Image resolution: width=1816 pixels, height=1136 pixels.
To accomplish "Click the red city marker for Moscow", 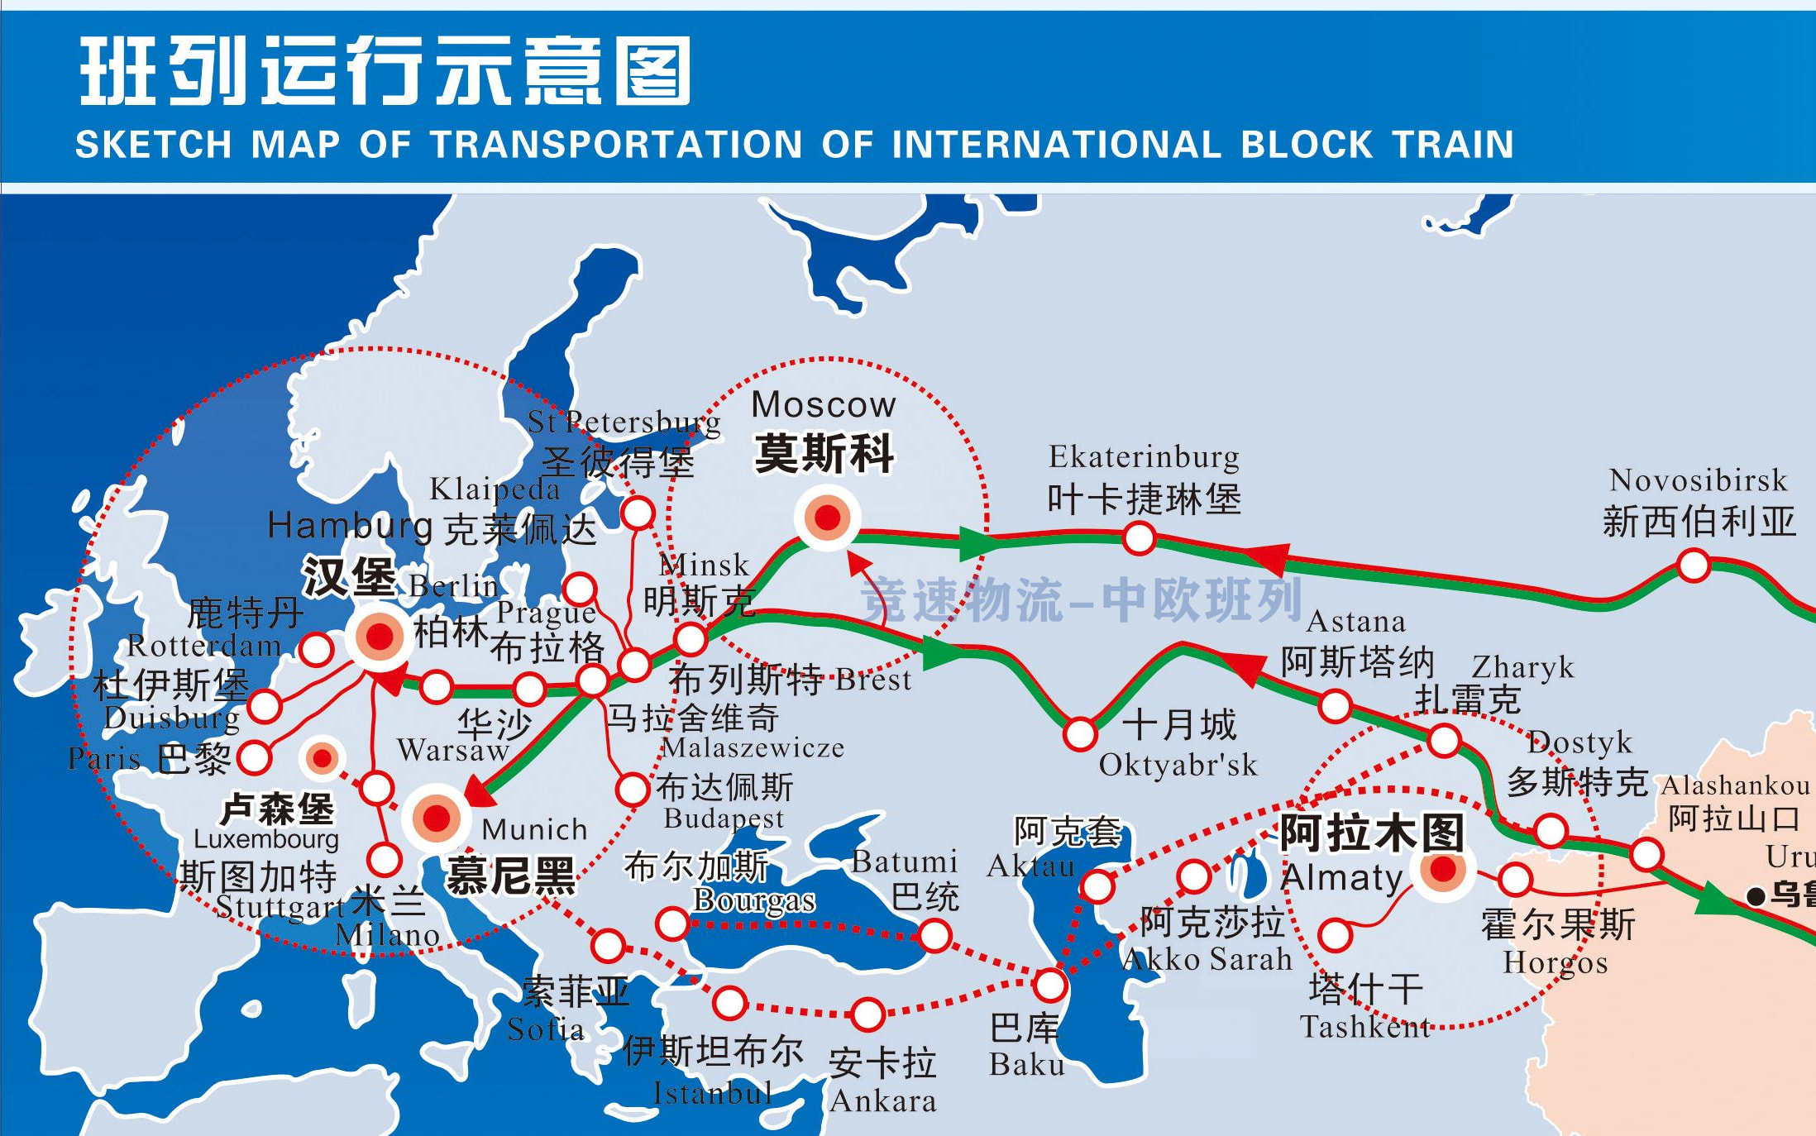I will (828, 518).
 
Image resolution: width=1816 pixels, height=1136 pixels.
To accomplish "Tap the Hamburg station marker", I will (380, 637).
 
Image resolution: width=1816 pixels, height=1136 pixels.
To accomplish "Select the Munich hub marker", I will (436, 819).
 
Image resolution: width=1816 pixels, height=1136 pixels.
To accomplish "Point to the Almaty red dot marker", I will (1443, 869).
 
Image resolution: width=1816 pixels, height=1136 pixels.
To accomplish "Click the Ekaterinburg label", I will (1144, 457).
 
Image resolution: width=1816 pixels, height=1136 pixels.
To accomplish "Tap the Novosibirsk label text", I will (1698, 480).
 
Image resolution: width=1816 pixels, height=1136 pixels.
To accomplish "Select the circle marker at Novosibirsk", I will (1694, 566).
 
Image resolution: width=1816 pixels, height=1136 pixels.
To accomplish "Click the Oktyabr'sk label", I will (1178, 766).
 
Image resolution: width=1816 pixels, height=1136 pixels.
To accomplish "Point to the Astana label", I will (1356, 622).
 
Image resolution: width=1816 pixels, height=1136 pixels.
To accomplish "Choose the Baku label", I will (1027, 1065).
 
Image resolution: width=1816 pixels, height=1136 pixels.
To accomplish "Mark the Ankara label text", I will (883, 1101).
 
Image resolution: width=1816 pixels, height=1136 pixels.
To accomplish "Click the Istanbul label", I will (712, 1094).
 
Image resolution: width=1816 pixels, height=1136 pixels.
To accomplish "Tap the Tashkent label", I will (1364, 1027).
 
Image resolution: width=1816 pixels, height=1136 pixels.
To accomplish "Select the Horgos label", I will (1556, 963).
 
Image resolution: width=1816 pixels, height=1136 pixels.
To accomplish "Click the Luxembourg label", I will (266, 840).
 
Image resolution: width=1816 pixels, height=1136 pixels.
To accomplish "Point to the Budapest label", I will (724, 819).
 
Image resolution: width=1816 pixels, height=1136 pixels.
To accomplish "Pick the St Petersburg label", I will (624, 422).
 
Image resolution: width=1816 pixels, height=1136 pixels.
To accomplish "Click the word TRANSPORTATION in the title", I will (617, 145).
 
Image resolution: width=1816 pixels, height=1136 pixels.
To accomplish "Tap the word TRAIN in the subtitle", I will (1453, 145).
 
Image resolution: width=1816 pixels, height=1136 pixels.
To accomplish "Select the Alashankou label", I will (1735, 785).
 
